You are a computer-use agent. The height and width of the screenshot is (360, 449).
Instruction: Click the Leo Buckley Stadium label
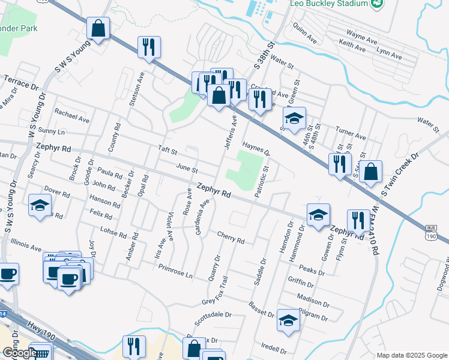coord(329,4)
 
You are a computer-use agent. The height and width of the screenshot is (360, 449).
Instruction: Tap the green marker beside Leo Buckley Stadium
coord(377,4)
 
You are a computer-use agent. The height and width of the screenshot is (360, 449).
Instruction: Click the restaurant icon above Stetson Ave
coord(148,47)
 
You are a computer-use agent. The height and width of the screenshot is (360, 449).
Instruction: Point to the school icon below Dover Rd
coord(40,206)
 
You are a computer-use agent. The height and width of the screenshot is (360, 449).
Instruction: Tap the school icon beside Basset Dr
coord(288,321)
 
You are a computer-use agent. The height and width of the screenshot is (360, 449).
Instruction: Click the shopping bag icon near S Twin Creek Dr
coord(372,171)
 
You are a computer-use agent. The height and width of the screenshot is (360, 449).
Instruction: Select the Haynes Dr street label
coord(257,148)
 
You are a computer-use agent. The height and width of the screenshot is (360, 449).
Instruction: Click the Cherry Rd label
coord(231,238)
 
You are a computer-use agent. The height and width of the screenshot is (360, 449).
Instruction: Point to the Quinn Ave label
coord(304,33)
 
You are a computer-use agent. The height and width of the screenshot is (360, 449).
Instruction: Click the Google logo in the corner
coord(20,353)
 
